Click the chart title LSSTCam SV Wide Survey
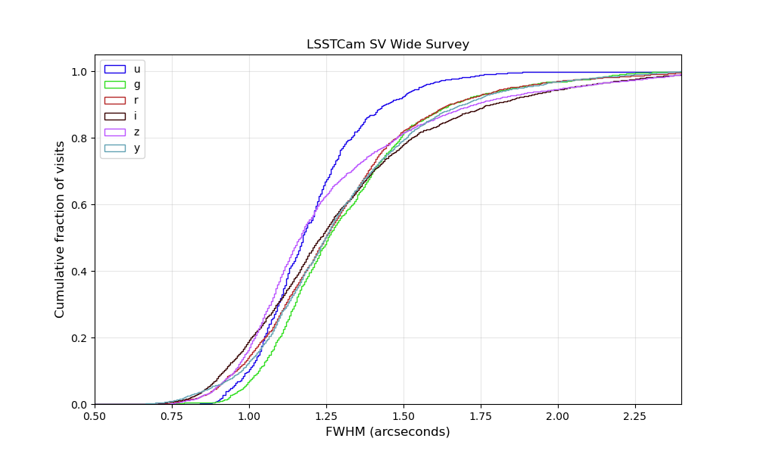[388, 45]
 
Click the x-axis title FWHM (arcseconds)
[388, 432]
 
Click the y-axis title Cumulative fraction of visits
[60, 229]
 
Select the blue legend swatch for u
[114, 69]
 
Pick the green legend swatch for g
[114, 85]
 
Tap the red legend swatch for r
[114, 101]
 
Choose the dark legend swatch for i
[114, 117]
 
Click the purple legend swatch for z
[114, 132]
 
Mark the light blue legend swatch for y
[114, 148]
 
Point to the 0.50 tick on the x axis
[95, 415]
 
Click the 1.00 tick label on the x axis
[249, 415]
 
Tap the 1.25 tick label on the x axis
[326, 415]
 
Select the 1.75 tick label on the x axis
[481, 415]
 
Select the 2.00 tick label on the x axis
[558, 415]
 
